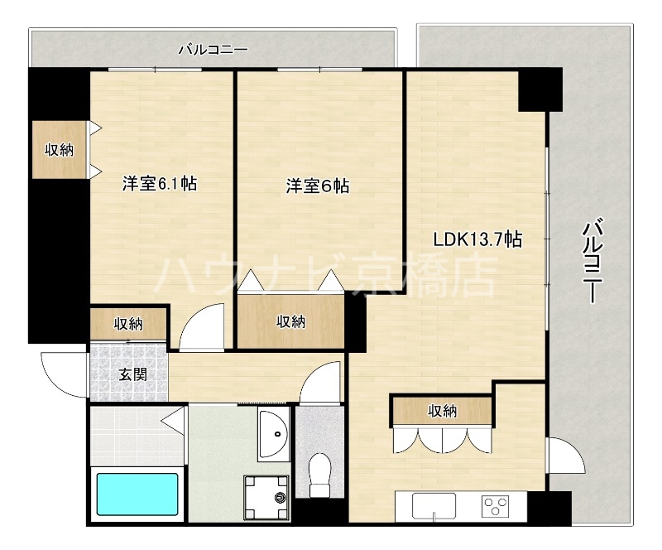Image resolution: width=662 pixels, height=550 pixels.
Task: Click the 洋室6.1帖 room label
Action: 160,184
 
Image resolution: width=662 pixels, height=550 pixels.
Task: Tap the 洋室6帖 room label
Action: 318,186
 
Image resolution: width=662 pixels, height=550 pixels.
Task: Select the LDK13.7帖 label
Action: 477,239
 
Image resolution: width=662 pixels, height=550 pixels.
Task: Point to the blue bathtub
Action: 137,495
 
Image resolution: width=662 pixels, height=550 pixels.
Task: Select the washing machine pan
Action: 266,498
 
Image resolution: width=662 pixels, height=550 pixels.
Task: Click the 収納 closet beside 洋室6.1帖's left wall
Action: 59,150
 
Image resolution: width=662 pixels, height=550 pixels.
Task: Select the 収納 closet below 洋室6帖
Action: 290,321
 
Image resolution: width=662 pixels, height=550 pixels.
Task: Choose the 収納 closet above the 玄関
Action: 128,323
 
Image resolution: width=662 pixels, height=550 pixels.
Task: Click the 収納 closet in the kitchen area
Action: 443,410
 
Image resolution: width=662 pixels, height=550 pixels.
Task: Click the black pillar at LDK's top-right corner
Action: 540,89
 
